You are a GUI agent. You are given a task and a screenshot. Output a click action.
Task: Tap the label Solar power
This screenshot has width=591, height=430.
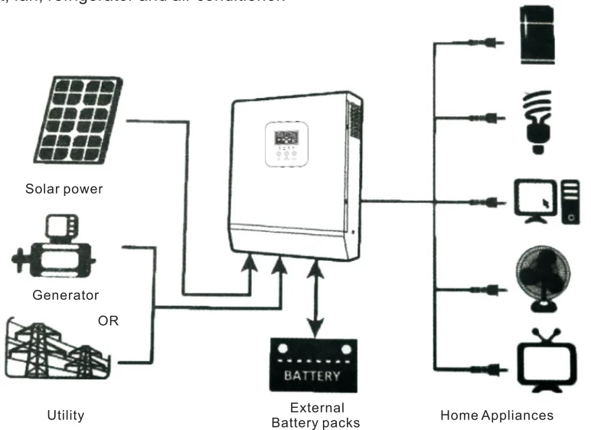(64, 189)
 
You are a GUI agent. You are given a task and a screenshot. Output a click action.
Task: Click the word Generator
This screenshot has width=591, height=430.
(65, 295)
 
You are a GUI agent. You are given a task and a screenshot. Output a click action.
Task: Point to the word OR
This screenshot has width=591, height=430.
(108, 321)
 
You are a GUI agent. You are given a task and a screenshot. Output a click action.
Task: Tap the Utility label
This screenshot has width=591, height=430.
(65, 415)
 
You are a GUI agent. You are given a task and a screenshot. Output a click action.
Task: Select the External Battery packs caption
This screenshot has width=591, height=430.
(317, 415)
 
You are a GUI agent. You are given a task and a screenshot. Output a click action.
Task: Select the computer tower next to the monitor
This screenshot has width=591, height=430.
(570, 202)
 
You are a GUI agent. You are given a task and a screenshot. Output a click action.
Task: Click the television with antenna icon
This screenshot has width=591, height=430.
(544, 358)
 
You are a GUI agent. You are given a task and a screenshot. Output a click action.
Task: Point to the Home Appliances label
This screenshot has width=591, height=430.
(496, 415)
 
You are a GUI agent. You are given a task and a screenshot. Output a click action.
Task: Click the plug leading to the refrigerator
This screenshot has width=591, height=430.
(495, 42)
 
